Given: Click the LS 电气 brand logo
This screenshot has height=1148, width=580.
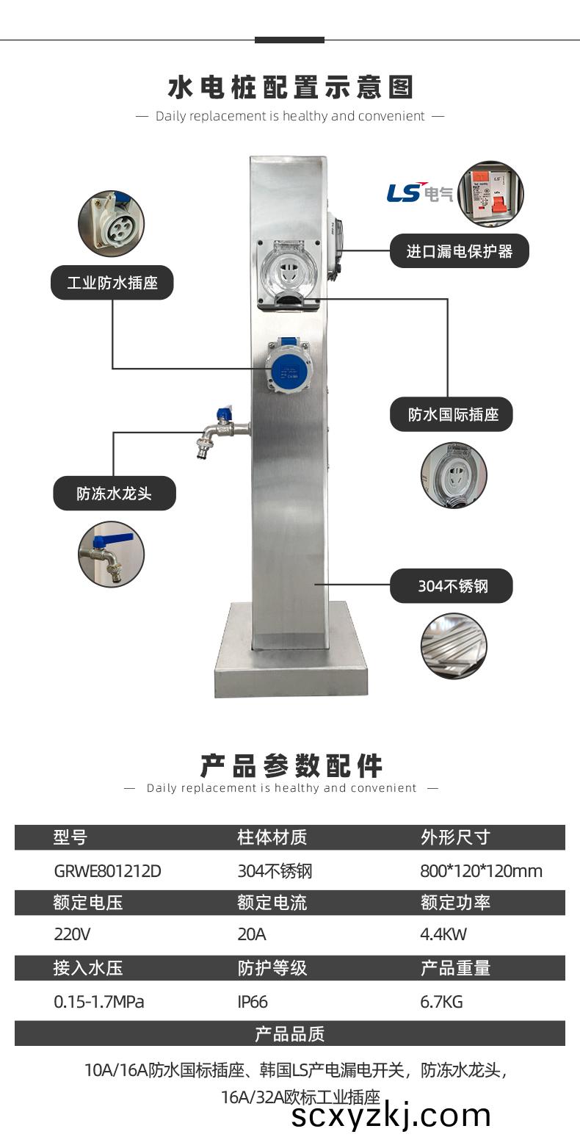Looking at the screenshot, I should [x=419, y=192].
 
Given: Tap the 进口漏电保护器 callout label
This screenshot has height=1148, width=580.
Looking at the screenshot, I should [x=460, y=252].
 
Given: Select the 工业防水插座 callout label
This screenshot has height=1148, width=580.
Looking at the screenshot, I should [x=112, y=283].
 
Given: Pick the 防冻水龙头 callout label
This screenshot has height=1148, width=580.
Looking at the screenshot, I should [x=114, y=494].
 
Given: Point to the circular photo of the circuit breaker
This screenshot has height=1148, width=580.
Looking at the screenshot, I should [x=490, y=194].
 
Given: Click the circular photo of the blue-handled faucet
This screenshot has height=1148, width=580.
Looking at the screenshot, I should [x=111, y=555].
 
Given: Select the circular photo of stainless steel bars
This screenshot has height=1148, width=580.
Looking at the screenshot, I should [x=454, y=646].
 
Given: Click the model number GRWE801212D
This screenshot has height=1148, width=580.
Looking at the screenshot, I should [x=107, y=871].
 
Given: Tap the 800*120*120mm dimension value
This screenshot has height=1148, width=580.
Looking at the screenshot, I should [x=481, y=871].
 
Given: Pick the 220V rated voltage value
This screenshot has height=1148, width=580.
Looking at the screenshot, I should [x=72, y=935].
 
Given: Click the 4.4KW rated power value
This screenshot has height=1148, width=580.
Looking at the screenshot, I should [x=443, y=935].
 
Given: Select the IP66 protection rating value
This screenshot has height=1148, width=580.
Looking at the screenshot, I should [x=253, y=1002].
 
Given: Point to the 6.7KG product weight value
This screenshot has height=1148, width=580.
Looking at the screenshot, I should [x=441, y=1002].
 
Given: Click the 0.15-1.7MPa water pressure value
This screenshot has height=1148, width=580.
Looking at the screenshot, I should [x=98, y=1002].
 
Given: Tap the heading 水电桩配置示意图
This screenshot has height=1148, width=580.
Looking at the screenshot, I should [x=290, y=87].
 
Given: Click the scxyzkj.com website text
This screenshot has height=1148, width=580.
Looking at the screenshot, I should [x=391, y=1116].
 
